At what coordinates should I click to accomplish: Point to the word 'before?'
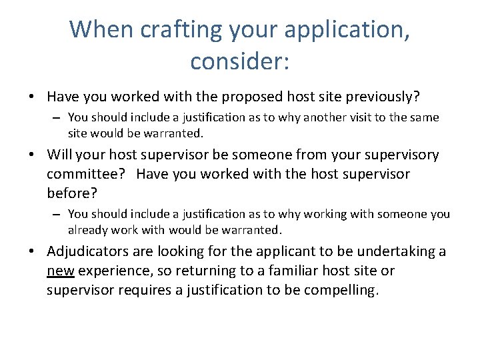coord(71,193)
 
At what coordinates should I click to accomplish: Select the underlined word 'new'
coord(61,271)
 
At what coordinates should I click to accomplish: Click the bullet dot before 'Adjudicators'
coord(32,252)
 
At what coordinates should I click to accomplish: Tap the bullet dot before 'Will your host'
coord(32,156)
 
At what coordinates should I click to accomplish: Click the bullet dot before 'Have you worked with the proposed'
coord(32,98)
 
